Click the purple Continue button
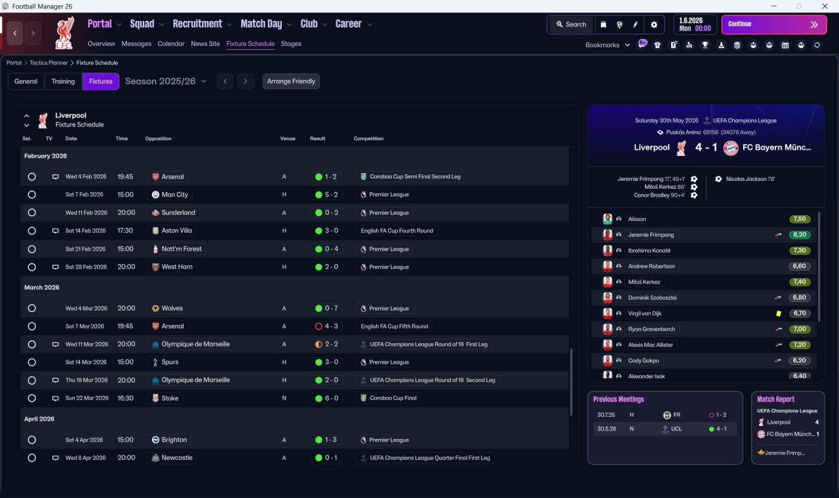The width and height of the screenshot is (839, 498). pyautogui.click(x=774, y=24)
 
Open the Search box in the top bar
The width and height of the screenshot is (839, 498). pyautogui.click(x=571, y=24)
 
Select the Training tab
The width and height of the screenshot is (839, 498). pyautogui.click(x=63, y=81)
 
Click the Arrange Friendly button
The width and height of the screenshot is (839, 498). pyautogui.click(x=291, y=81)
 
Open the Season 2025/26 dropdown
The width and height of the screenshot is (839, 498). pyautogui.click(x=166, y=81)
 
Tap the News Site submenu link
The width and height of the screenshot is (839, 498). pyautogui.click(x=205, y=44)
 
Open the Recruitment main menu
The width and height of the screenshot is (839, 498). pyautogui.click(x=197, y=24)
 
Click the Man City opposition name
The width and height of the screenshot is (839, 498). pyautogui.click(x=174, y=195)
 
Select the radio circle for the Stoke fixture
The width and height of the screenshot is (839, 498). pyautogui.click(x=32, y=398)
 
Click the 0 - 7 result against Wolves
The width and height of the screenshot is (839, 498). pyautogui.click(x=331, y=308)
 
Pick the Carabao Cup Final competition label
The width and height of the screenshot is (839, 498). pyautogui.click(x=393, y=398)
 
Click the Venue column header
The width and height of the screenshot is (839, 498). pyautogui.click(x=288, y=138)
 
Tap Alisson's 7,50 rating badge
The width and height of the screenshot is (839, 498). pyautogui.click(x=799, y=219)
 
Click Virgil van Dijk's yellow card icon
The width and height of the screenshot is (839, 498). pyautogui.click(x=778, y=313)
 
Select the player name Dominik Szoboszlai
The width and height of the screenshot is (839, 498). pyautogui.click(x=652, y=297)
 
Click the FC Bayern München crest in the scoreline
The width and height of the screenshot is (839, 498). pyautogui.click(x=730, y=148)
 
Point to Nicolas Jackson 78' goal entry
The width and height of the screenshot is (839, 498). pyautogui.click(x=751, y=179)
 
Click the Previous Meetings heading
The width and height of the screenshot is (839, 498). pyautogui.click(x=618, y=399)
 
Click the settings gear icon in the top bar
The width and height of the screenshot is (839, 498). pyautogui.click(x=654, y=25)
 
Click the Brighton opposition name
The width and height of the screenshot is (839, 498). pyautogui.click(x=174, y=440)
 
